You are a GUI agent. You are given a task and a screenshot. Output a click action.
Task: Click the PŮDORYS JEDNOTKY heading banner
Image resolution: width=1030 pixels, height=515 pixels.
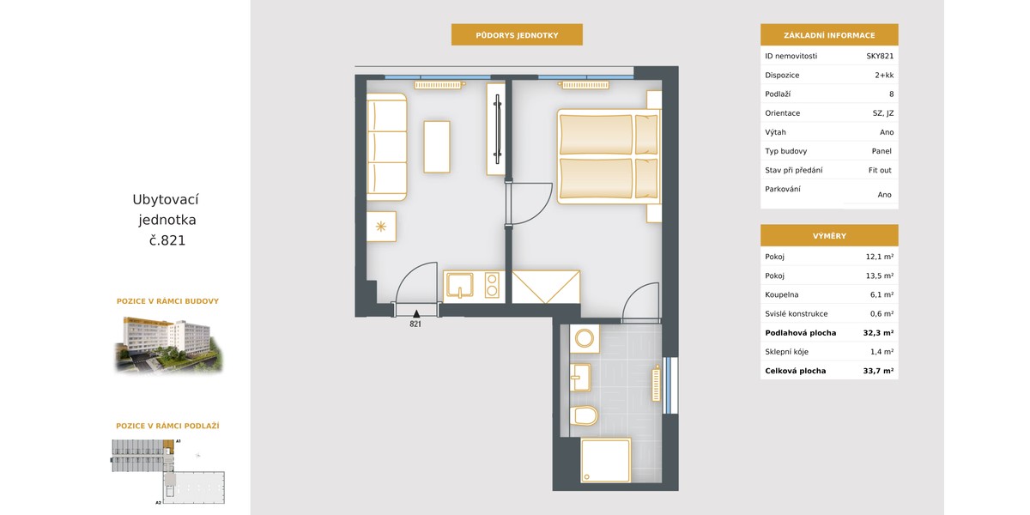517,35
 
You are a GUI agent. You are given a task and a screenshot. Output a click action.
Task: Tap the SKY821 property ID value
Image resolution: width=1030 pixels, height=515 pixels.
880,56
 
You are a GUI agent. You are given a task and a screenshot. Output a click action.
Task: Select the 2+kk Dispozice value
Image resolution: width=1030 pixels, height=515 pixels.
884,75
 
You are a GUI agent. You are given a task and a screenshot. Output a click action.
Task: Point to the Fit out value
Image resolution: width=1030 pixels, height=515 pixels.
880,170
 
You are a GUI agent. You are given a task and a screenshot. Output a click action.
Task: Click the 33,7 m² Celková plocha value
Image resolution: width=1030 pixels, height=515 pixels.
878,371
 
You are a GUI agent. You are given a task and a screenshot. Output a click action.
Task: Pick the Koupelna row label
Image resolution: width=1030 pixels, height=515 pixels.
782,294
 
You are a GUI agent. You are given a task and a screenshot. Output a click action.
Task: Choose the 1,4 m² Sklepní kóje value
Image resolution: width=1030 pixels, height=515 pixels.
882,352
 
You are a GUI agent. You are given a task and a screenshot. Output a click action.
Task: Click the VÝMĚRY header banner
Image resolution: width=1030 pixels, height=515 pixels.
829,235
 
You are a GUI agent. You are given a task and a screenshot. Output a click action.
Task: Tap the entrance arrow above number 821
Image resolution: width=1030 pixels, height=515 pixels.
416,314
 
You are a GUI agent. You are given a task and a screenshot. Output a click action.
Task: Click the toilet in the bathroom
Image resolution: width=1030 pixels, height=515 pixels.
584,415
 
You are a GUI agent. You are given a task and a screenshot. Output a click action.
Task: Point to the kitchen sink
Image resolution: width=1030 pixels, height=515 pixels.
460,285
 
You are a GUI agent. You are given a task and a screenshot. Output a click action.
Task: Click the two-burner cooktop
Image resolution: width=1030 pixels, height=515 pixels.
492,285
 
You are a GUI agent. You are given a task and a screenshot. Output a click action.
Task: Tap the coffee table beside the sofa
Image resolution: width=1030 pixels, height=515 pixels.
436,147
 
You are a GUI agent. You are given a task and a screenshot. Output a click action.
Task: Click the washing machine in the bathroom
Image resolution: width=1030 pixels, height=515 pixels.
585,339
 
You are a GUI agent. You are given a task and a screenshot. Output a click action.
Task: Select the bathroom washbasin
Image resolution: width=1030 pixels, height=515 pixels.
580,378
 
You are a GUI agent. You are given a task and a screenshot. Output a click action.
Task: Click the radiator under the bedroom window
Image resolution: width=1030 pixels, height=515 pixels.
585,85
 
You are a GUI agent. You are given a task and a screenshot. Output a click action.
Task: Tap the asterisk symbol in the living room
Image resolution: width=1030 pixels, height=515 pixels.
381,227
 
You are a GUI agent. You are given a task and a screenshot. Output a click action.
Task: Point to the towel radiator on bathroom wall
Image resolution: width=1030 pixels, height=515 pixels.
656,385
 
